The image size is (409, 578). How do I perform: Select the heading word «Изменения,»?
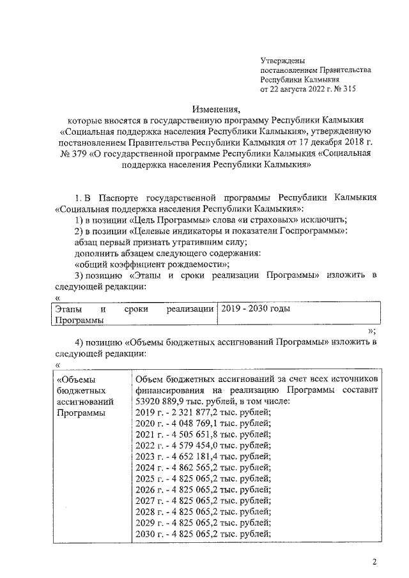click(215, 109)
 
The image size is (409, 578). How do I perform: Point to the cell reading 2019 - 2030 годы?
click(255, 309)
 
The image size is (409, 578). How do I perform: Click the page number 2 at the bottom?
click(375, 562)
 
